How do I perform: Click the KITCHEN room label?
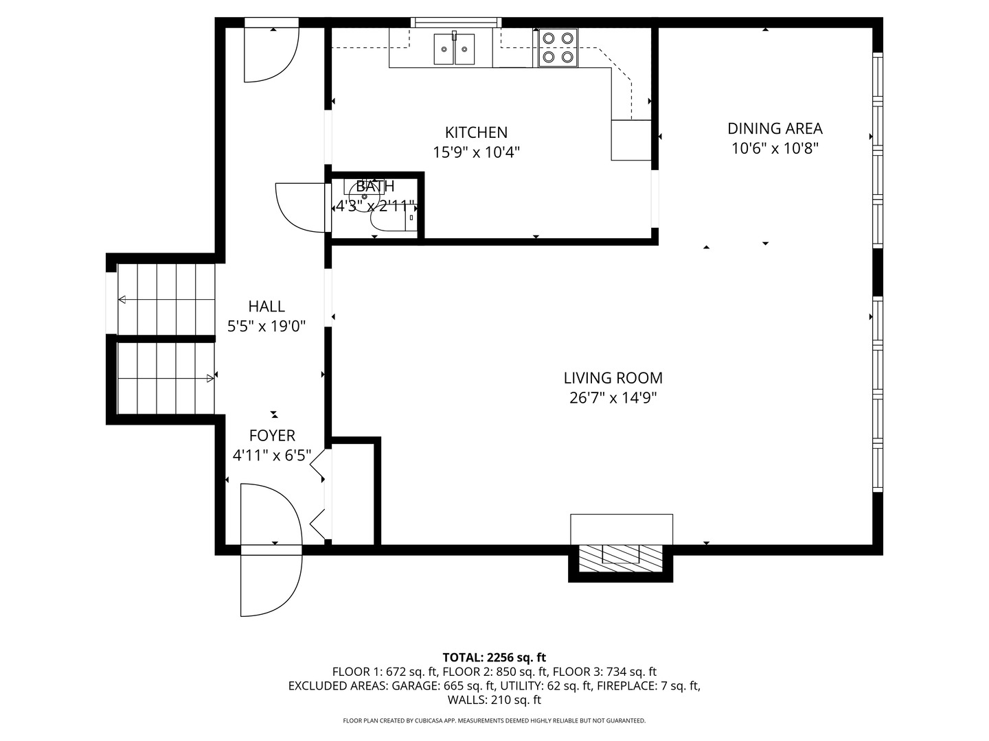(x=476, y=132)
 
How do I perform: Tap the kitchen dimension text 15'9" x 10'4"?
(x=476, y=152)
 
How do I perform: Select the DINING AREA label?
(x=775, y=129)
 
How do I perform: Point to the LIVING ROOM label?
(x=613, y=378)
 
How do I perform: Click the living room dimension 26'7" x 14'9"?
(x=613, y=398)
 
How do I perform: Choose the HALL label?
(x=266, y=307)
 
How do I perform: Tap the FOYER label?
(x=272, y=436)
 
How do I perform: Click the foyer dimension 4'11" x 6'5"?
(x=272, y=456)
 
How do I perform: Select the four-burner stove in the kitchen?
(x=558, y=48)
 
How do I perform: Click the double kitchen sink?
(x=454, y=49)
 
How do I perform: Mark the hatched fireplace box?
(x=620, y=558)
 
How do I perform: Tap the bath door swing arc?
(x=300, y=207)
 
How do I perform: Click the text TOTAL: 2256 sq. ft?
(x=494, y=657)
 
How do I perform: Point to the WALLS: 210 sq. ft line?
(x=494, y=700)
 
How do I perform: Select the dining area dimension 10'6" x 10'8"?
(x=775, y=148)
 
